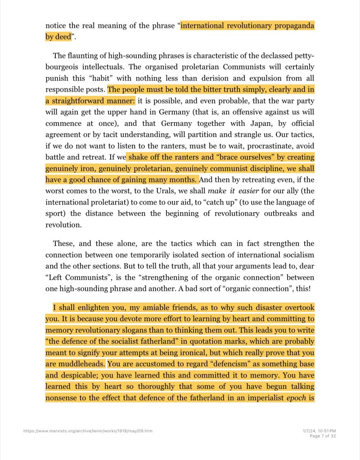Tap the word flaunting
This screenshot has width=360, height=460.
click(85, 56)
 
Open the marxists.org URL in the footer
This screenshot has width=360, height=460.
click(88, 431)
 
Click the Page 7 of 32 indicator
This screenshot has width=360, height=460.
click(323, 435)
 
